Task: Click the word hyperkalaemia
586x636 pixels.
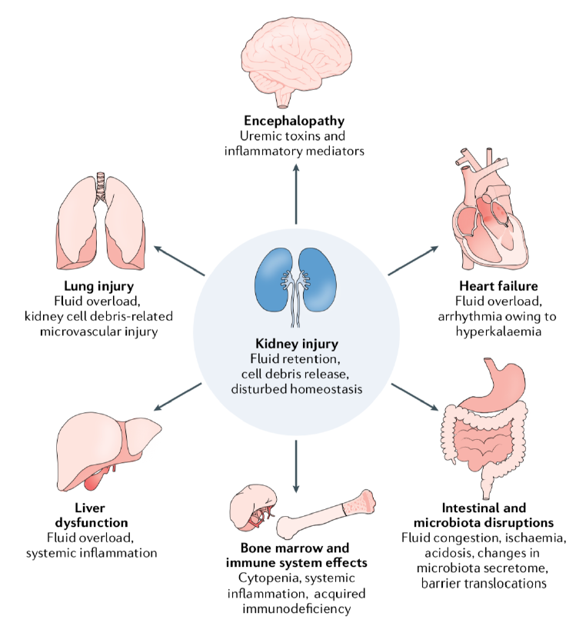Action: pyautogui.click(x=494, y=333)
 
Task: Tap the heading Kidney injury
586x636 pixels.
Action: pyautogui.click(x=296, y=343)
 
